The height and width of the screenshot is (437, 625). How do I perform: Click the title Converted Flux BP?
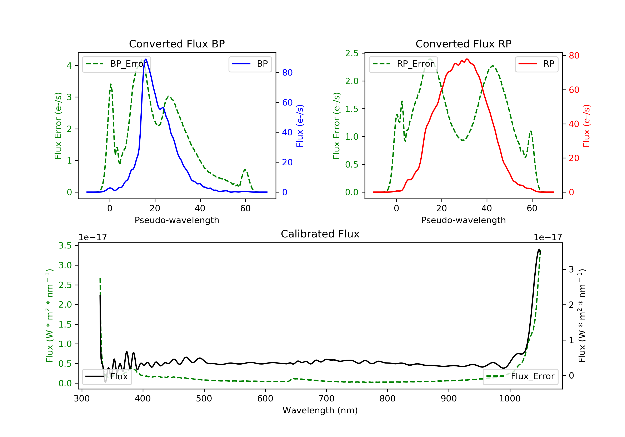point(177,44)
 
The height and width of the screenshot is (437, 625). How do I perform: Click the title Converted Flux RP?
point(463,44)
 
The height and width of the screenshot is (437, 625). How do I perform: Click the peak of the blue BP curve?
point(146,59)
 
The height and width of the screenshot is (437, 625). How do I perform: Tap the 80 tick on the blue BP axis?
point(287,73)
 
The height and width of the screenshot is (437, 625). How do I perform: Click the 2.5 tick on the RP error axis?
point(352,53)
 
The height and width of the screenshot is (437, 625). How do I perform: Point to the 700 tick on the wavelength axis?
point(326,399)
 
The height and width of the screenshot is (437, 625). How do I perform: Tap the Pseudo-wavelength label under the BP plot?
point(177,220)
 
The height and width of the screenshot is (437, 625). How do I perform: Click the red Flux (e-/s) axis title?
point(586,126)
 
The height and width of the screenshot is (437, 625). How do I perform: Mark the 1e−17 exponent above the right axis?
point(547,237)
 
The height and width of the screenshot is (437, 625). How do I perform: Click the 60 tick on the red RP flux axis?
point(574,90)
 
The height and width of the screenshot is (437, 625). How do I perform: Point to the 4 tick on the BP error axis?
point(69,66)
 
